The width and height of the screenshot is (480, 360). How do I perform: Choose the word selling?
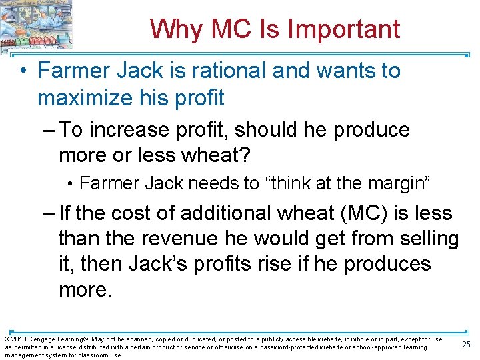(427, 239)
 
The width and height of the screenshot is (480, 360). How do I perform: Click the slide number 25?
(465, 343)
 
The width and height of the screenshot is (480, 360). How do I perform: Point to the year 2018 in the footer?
(18, 339)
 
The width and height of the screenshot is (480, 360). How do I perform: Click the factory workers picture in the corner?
(37, 25)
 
